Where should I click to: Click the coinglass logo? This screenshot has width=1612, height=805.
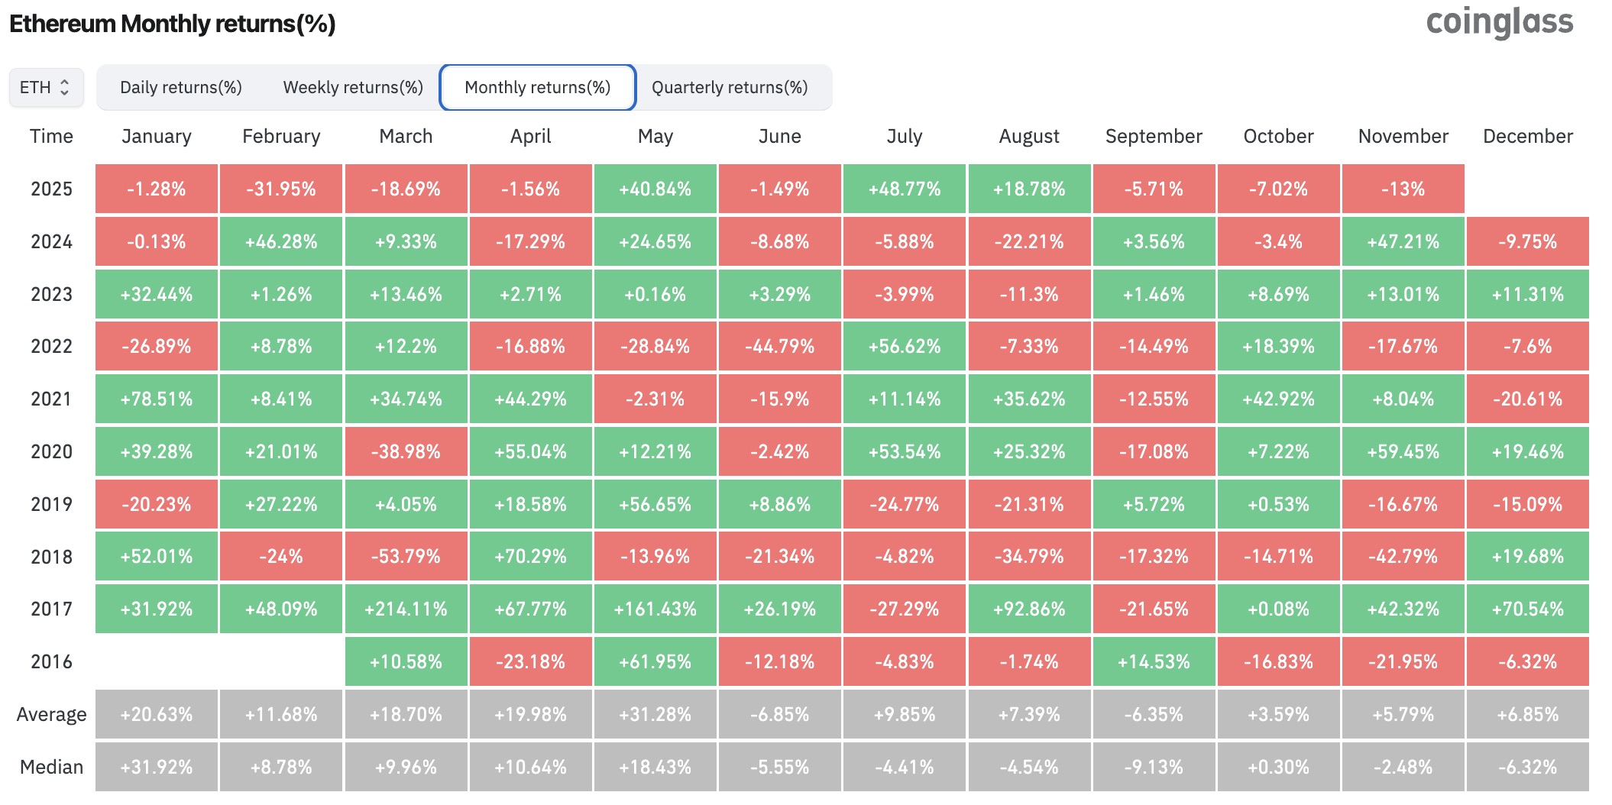pos(1499,23)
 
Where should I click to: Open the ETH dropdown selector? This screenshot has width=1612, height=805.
pos(46,87)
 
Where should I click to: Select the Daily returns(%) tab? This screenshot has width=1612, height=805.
pos(181,87)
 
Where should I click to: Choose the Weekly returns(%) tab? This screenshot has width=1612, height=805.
pos(353,87)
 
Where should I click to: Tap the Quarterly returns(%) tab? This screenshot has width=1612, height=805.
pos(730,87)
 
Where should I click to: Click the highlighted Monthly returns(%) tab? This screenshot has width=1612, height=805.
pos(538,87)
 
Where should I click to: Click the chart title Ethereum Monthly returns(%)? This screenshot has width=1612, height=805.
pos(173,24)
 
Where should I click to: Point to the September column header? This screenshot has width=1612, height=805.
pos(1154,136)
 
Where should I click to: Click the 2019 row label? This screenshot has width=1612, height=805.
pos(51,504)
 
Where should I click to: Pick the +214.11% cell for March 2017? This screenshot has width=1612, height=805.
pos(406,609)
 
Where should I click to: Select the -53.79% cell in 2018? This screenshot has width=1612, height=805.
pos(406,556)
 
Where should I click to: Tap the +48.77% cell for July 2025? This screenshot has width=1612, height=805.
pos(905,189)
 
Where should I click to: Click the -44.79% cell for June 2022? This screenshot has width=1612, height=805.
pos(780,346)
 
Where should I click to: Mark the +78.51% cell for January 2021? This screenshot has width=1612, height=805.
pos(157,399)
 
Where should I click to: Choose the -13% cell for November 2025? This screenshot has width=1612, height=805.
pos(1403,189)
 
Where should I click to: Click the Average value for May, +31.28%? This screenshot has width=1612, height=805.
pos(655,714)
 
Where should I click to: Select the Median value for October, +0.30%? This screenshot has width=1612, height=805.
pos(1278,767)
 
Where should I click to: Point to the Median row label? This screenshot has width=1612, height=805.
pos(51,767)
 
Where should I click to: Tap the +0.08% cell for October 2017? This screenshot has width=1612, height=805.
pos(1278,609)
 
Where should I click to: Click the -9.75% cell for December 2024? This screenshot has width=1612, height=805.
pos(1527,241)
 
